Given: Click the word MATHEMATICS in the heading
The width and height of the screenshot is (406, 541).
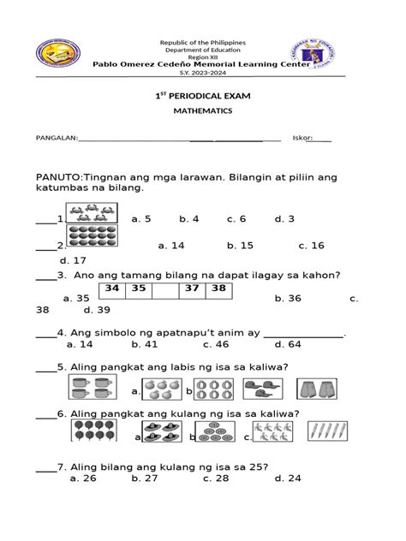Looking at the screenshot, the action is tap(202, 110).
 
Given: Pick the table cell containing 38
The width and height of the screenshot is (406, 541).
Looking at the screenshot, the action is tap(218, 289).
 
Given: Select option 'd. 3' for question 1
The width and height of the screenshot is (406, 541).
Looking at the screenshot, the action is tap(284, 219).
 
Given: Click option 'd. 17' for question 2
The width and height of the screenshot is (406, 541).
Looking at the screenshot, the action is tap(73, 260).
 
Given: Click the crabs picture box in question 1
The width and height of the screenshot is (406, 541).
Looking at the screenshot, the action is tap(91, 213).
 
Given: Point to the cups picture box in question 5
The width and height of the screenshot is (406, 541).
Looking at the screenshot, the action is tap(91, 390).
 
